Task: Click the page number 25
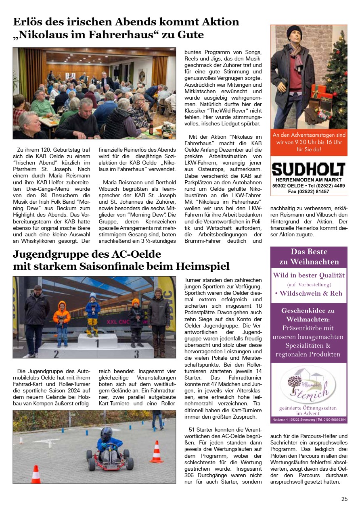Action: [344, 499]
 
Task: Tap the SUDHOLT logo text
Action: [308, 169]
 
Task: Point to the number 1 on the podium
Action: [97, 344]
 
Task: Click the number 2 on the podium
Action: [56, 354]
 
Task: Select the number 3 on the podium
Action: [136, 354]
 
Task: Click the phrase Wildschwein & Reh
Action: [308, 293]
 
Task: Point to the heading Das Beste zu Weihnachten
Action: [309, 257]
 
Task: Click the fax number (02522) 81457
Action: [308, 192]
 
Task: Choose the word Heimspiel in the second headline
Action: [203, 267]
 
